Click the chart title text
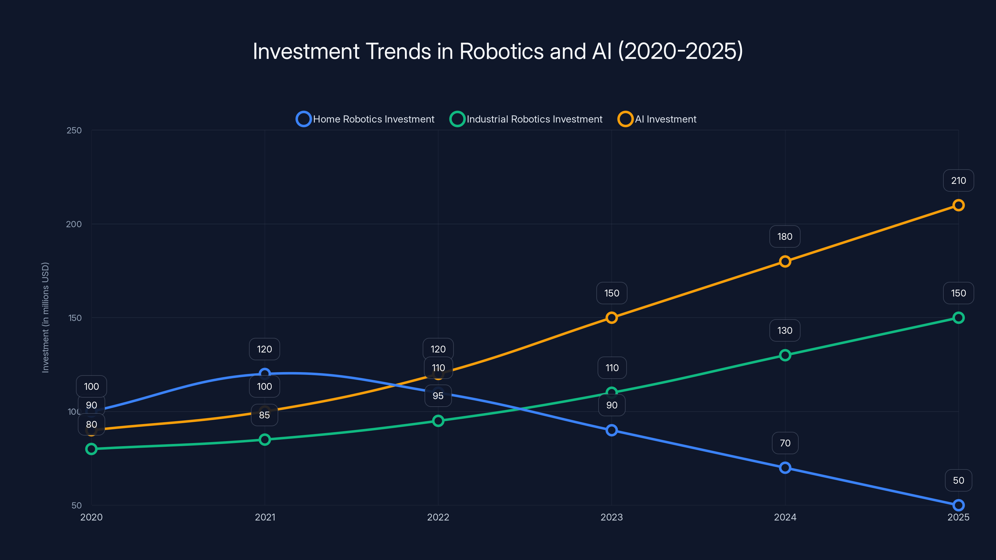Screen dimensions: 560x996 [x=498, y=51]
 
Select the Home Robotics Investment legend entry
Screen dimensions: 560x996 [x=365, y=119]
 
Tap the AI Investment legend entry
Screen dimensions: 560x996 [x=657, y=119]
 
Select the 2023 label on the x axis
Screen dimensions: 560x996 [x=611, y=517]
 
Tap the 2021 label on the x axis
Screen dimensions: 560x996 [x=265, y=517]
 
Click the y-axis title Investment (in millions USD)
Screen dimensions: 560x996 [x=46, y=317]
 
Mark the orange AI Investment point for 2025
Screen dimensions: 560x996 [x=958, y=205]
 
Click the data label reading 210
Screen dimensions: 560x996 [x=958, y=180]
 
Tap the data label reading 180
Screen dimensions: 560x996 [x=784, y=236]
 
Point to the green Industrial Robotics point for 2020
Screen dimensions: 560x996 [x=91, y=449]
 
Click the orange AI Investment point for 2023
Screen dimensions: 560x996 [x=611, y=318]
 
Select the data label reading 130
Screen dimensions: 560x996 [x=784, y=330]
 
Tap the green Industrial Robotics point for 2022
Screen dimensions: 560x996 [x=438, y=421]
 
